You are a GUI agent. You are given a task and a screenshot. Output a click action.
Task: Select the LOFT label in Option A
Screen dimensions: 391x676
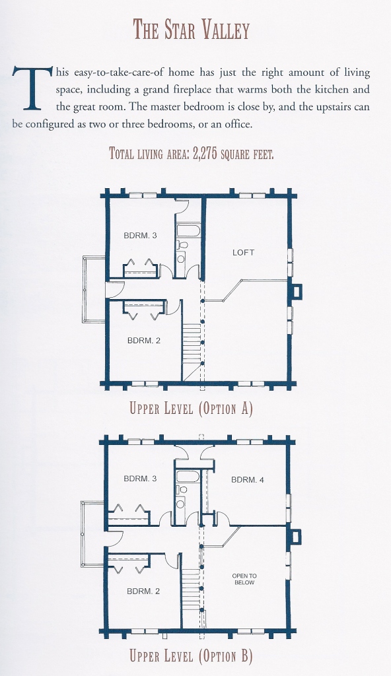[244, 253]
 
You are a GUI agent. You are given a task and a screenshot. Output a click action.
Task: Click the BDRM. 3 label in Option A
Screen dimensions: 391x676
[140, 236]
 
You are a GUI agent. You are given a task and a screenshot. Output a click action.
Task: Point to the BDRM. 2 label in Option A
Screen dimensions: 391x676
[144, 341]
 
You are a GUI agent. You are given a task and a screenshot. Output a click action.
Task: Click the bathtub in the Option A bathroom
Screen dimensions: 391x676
[189, 229]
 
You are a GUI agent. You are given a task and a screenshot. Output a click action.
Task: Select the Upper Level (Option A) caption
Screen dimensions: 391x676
[191, 408]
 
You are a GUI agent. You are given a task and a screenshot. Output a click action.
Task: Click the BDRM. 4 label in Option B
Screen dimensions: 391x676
[247, 480]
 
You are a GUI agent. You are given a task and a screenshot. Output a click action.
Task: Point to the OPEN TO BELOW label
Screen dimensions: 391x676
[244, 579]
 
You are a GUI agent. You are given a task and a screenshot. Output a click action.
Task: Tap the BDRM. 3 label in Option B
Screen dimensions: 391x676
[140, 479]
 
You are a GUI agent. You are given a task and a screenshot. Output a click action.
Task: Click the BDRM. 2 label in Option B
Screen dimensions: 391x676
[143, 591]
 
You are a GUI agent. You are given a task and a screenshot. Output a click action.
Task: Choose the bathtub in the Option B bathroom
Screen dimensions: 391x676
[188, 477]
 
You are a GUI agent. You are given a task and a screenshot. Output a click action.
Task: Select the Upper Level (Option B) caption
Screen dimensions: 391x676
[191, 656]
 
